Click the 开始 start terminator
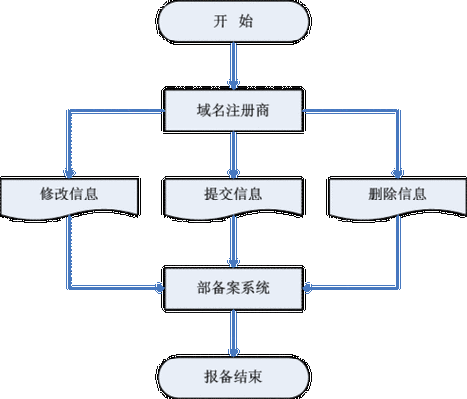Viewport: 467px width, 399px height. (233, 23)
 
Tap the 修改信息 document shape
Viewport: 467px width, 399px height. (68, 196)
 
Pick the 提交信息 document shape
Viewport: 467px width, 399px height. (233, 196)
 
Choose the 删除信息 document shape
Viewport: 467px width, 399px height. (397, 196)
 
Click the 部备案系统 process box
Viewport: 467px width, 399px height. (233, 288)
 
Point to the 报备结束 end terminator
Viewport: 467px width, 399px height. (233, 374)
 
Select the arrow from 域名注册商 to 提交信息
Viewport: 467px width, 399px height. (233, 153)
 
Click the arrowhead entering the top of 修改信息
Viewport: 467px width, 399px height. (68, 171)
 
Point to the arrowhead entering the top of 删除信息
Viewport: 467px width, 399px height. (398, 171)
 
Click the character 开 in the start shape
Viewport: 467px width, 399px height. (217, 23)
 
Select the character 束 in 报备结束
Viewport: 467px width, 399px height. (265, 374)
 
